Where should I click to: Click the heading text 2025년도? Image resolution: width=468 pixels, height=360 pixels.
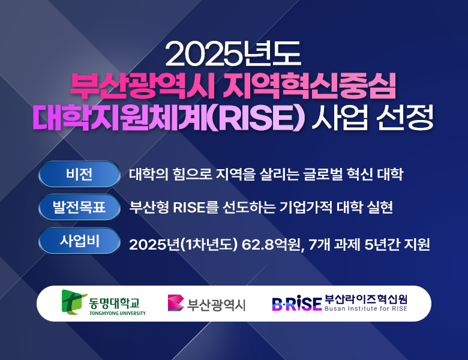point(233,55)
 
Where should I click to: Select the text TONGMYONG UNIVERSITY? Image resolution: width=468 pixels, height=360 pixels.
point(117,313)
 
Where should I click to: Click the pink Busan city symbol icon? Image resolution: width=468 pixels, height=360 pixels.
point(175,304)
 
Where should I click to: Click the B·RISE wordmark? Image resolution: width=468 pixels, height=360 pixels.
point(296,304)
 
